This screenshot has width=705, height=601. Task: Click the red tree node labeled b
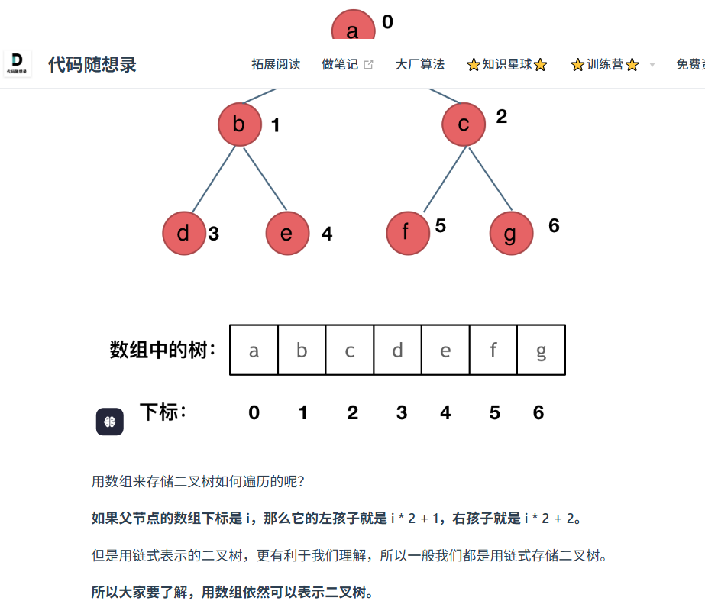click(x=239, y=124)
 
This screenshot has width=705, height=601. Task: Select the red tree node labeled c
click(x=464, y=124)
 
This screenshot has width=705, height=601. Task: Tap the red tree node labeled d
click(x=184, y=233)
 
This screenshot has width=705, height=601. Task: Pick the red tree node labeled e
click(x=287, y=233)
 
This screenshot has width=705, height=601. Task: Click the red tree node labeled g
click(x=511, y=233)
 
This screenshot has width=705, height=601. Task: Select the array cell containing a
click(x=254, y=351)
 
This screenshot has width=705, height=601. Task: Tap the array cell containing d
click(x=397, y=351)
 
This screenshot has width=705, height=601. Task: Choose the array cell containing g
click(x=541, y=351)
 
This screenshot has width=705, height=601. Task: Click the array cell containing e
click(x=445, y=351)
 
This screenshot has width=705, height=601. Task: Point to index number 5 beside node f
click(x=441, y=225)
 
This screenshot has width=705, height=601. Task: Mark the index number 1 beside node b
click(x=276, y=125)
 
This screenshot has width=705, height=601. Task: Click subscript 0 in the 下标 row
click(x=254, y=413)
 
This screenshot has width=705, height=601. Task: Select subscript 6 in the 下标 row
click(x=538, y=413)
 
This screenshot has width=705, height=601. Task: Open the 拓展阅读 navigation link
click(x=276, y=65)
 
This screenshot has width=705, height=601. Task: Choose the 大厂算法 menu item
click(x=420, y=65)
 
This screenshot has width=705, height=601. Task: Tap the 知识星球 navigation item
click(x=507, y=65)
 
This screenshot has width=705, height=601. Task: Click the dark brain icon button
click(x=110, y=422)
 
